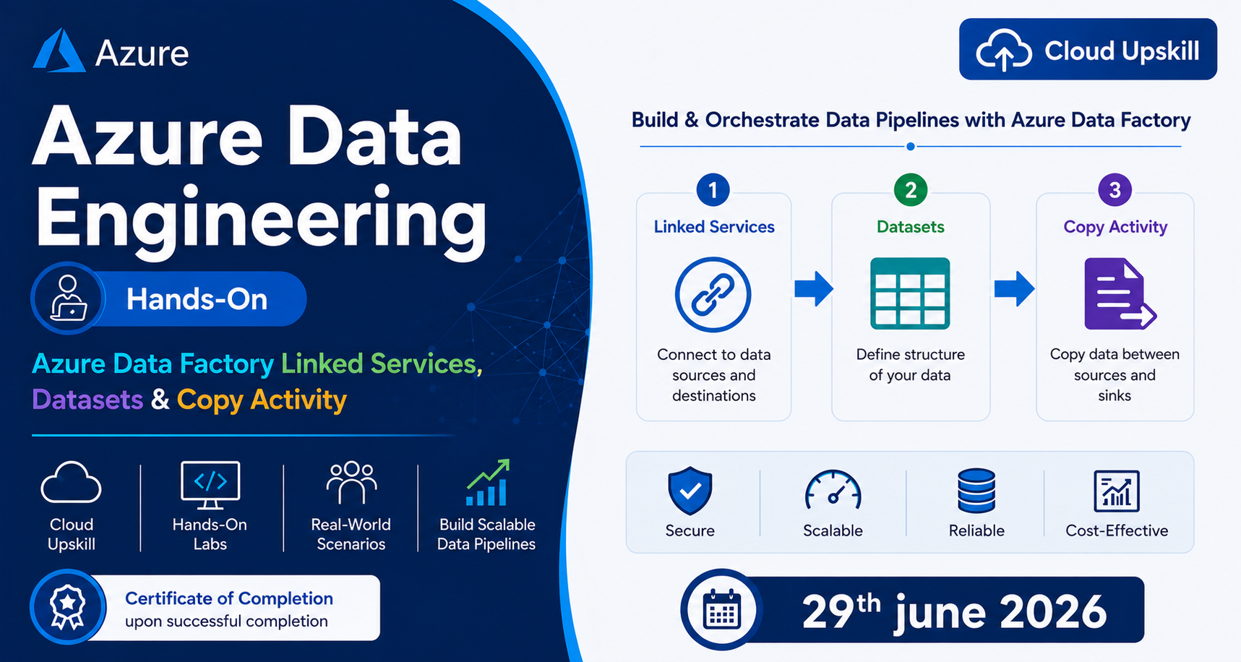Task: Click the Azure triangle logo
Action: pyautogui.click(x=59, y=51)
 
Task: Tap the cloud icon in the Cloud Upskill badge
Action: pyautogui.click(x=1004, y=50)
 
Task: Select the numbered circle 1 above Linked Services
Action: pyautogui.click(x=713, y=190)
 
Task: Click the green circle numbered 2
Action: pyautogui.click(x=911, y=190)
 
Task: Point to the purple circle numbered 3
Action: pyautogui.click(x=1115, y=190)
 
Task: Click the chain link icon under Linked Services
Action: pyautogui.click(x=713, y=294)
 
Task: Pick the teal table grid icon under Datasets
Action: pyautogui.click(x=910, y=293)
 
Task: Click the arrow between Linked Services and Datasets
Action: pyautogui.click(x=814, y=289)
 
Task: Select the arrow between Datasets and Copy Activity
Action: pyautogui.click(x=1015, y=289)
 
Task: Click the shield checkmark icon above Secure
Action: pyautogui.click(x=690, y=491)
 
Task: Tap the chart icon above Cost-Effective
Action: pyautogui.click(x=1117, y=491)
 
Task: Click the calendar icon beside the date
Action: pyautogui.click(x=722, y=611)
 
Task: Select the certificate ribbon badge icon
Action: pyautogui.click(x=67, y=606)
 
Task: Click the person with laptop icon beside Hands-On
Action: pyautogui.click(x=68, y=298)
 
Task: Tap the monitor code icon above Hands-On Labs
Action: pyautogui.click(x=210, y=485)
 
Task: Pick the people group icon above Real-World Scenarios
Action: pyautogui.click(x=351, y=482)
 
